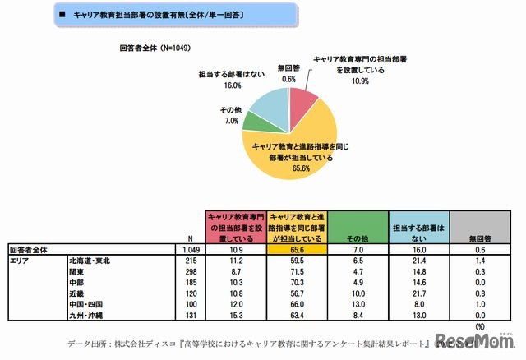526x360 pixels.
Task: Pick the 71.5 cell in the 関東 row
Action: point(297,269)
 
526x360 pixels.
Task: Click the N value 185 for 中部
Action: point(193,280)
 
